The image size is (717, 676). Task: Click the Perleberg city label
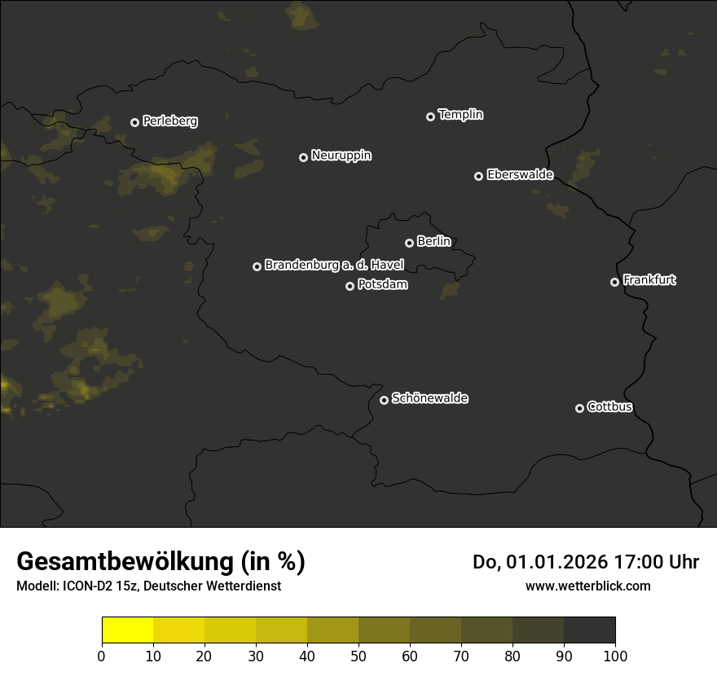[x=169, y=121]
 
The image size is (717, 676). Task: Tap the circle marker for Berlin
[x=409, y=243]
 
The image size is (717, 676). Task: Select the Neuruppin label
[x=341, y=156]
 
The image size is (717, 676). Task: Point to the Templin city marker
[x=430, y=116]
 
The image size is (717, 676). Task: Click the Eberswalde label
[x=520, y=175]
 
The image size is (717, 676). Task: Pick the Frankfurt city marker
[x=614, y=282]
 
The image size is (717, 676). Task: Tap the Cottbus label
[x=609, y=407]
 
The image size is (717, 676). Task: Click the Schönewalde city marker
[x=384, y=400]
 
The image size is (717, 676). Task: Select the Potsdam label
[x=382, y=285]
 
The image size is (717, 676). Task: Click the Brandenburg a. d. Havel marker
[x=257, y=266]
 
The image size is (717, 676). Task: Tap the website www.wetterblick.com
[x=587, y=586]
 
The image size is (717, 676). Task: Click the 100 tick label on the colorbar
[x=615, y=656]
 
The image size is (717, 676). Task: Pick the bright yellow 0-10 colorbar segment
[x=127, y=630]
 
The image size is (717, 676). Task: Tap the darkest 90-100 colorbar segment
[x=589, y=630]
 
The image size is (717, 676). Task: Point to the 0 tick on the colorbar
[x=102, y=656]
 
